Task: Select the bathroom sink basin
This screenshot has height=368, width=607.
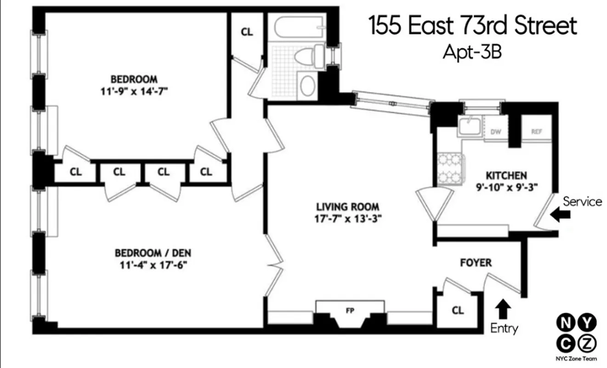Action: pyautogui.click(x=307, y=85)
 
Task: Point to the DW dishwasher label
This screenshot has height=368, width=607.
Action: pyautogui.click(x=495, y=132)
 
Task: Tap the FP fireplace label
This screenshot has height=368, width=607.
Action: pyautogui.click(x=351, y=310)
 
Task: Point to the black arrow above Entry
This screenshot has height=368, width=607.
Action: pyautogui.click(x=504, y=309)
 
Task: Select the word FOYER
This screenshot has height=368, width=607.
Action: pyautogui.click(x=476, y=263)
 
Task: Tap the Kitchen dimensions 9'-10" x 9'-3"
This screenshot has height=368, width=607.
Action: pyautogui.click(x=506, y=186)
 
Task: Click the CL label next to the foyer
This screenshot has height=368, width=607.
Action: pyautogui.click(x=458, y=310)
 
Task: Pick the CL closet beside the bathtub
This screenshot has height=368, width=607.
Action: pyautogui.click(x=247, y=33)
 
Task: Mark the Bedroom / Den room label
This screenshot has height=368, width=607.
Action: pyautogui.click(x=153, y=253)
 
